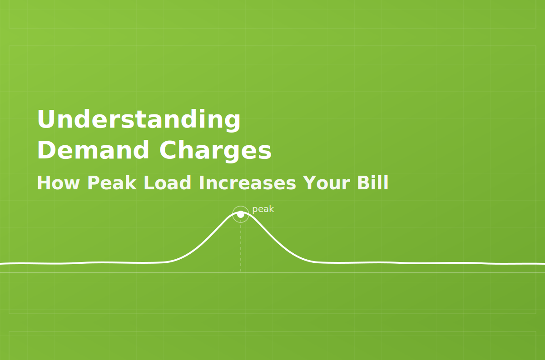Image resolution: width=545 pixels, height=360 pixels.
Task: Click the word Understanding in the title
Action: (139, 120)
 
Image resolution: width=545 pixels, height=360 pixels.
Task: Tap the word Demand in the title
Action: (93, 150)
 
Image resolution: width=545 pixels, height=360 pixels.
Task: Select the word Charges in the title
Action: (215, 151)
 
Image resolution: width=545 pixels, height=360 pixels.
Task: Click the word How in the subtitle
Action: (58, 183)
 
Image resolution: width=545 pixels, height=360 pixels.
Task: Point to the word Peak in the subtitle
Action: (112, 182)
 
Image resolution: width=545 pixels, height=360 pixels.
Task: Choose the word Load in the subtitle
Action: (168, 182)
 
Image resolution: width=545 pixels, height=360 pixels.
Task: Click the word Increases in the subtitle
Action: (248, 182)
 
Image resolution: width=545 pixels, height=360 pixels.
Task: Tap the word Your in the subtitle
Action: (327, 183)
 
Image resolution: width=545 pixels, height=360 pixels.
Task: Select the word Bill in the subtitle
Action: (373, 182)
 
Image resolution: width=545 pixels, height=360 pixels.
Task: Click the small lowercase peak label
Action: (263, 209)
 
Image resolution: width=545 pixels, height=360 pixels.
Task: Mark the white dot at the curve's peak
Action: (241, 214)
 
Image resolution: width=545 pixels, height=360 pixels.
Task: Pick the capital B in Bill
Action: (363, 183)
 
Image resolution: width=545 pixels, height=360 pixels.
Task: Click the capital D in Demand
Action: (46, 150)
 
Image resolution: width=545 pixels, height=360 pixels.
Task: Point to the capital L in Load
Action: (149, 183)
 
